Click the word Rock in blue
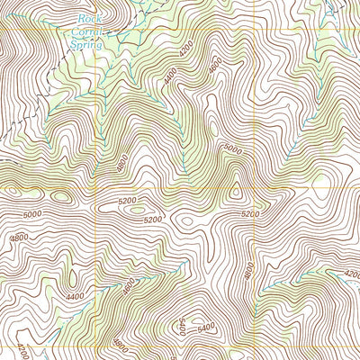[86, 17]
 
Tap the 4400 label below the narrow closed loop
[75, 296]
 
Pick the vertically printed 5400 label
[184, 326]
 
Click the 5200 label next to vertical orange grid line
[251, 213]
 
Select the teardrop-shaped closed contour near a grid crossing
[236, 190]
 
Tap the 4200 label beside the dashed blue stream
[351, 274]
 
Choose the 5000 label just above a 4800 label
[33, 214]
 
